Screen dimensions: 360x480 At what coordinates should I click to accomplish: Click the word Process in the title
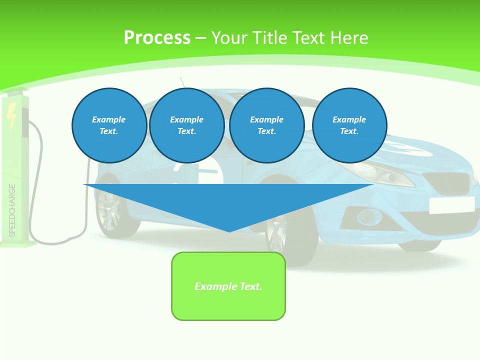click(x=157, y=38)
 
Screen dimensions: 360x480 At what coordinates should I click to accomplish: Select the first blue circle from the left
click(x=109, y=125)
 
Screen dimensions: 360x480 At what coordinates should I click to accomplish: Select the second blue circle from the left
click(x=186, y=125)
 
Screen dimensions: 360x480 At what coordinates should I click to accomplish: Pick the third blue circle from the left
click(x=266, y=125)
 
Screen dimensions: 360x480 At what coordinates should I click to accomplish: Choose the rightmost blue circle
click(x=349, y=125)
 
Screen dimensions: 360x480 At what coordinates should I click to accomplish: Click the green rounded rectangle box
click(x=228, y=286)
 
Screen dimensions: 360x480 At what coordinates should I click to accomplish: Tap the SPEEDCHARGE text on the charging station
click(x=12, y=210)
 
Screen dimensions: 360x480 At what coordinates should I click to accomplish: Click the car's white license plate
click(x=451, y=205)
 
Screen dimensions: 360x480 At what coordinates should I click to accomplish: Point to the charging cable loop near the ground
click(x=55, y=240)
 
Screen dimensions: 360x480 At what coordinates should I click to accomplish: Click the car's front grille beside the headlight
click(x=445, y=180)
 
